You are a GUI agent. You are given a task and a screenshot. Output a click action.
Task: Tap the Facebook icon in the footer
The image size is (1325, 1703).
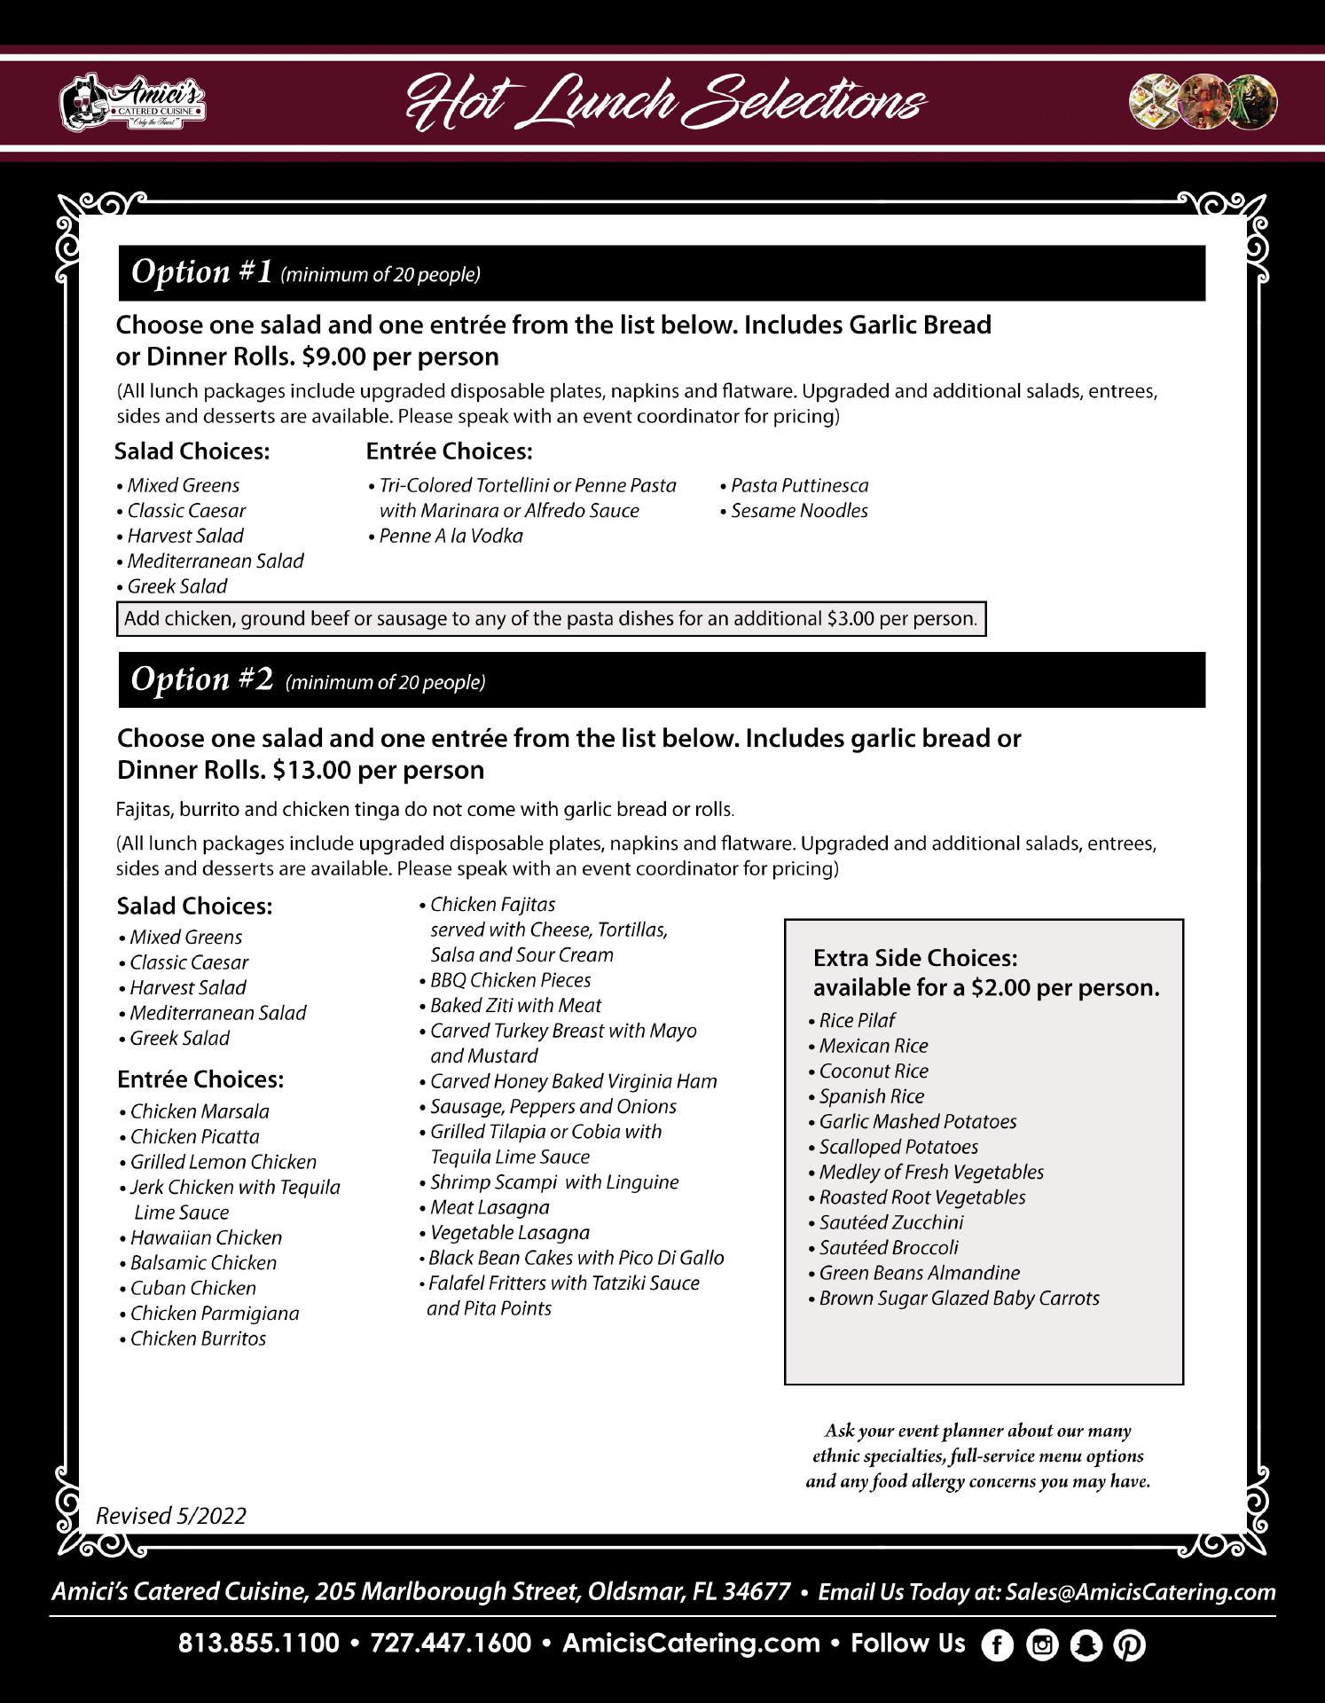point(997,1645)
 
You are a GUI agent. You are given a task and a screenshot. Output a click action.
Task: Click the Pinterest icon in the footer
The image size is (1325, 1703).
point(1129,1645)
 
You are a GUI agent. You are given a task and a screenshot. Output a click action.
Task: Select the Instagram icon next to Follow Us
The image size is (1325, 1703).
point(1042,1645)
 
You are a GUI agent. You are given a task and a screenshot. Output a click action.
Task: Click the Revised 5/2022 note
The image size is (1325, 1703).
point(171,1516)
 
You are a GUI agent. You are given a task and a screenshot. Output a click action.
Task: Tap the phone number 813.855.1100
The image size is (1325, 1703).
point(259,1644)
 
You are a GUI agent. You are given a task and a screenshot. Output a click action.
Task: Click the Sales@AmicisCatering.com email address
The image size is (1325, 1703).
point(1141,1592)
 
